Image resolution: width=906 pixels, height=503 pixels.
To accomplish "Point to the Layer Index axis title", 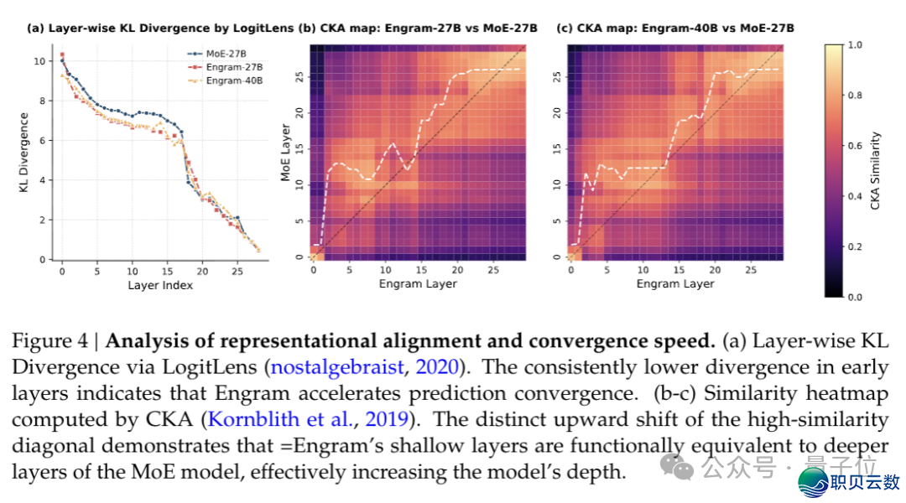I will tap(160, 285).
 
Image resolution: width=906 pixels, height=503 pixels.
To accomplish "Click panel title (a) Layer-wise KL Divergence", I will tap(160, 28).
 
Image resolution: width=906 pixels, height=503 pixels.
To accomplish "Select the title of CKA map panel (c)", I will tap(675, 28).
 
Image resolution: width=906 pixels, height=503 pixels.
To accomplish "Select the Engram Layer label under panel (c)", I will tap(675, 284).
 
